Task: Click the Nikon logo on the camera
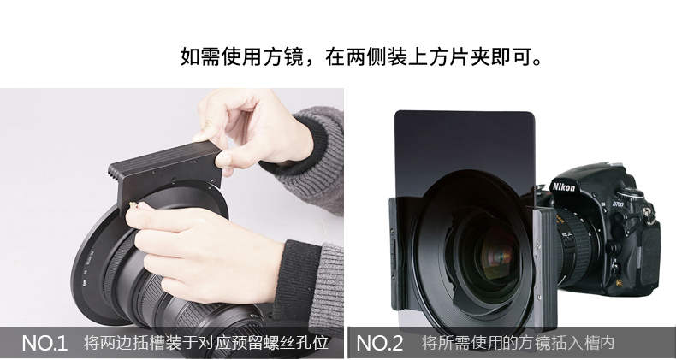[564, 186]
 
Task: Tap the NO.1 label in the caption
[44, 343]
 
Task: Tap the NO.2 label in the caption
[380, 343]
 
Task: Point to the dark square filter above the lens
[465, 146]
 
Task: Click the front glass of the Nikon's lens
[495, 254]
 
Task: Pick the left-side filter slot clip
[397, 254]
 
